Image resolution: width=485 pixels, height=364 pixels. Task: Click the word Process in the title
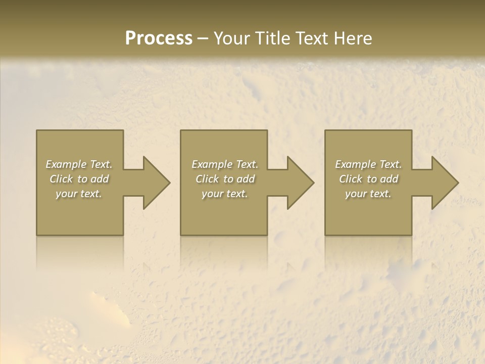[x=159, y=38]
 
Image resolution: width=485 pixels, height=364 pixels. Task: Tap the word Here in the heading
[x=353, y=38]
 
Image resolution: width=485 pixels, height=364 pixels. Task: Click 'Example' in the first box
[x=66, y=164]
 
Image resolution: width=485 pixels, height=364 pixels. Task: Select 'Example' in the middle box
[x=211, y=164]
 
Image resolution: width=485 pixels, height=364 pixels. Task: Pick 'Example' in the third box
[x=355, y=164]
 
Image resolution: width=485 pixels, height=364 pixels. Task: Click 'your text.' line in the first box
[x=79, y=194]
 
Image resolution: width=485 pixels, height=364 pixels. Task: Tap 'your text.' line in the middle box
[x=224, y=194]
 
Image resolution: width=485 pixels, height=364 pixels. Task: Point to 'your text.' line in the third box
[x=368, y=194]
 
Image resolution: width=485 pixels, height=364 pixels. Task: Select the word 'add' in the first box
[x=100, y=179]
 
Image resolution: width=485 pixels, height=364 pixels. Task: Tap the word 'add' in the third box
[x=390, y=179]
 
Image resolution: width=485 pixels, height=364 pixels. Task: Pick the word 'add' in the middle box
[x=246, y=179]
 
